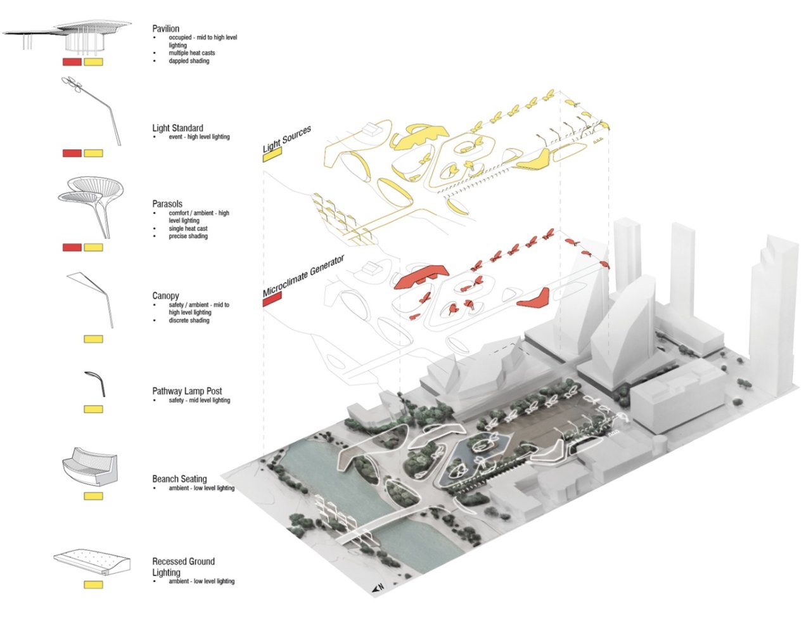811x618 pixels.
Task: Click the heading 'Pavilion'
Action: tap(165, 29)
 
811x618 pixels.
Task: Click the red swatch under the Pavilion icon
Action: tap(72, 62)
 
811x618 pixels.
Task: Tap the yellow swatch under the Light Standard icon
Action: tap(93, 153)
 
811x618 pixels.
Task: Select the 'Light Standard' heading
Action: tap(177, 128)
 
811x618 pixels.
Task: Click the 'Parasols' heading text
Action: tap(167, 204)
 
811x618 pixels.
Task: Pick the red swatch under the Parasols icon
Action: tap(72, 247)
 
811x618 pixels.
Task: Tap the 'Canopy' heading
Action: tap(165, 296)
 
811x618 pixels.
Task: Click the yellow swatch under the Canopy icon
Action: tap(93, 339)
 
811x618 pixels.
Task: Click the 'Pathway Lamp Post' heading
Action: tap(187, 391)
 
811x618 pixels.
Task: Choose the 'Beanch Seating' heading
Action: tap(179, 479)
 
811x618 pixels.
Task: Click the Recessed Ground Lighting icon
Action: tap(92, 561)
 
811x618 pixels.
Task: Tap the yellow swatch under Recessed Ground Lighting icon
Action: tap(93, 584)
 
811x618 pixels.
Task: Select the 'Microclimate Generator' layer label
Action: tap(303, 276)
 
